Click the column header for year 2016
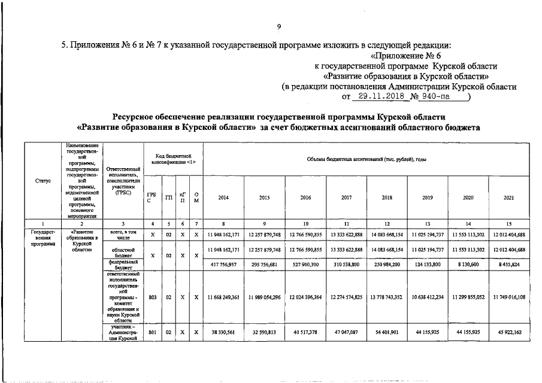tap(305, 197)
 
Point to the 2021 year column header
tap(508, 197)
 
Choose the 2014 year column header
tap(223, 197)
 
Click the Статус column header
tap(43, 180)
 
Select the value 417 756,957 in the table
tap(223, 264)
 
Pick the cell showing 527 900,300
tap(305, 264)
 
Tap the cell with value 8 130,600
tap(468, 264)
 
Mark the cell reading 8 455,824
tap(508, 264)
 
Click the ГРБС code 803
tap(152, 297)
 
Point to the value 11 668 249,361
tap(223, 297)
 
